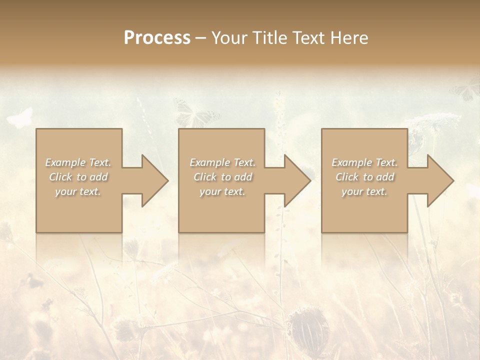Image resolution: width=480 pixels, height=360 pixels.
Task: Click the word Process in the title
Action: coord(157,38)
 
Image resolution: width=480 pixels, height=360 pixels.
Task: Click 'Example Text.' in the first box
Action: coord(78,162)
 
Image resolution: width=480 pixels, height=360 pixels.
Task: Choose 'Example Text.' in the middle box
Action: coord(222,162)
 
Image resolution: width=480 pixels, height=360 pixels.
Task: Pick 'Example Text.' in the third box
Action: coord(364,162)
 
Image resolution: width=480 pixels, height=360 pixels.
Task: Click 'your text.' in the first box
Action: coord(78,191)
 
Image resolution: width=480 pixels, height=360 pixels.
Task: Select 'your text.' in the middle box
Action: coord(222,191)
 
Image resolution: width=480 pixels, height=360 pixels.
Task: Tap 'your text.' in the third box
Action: coord(364,191)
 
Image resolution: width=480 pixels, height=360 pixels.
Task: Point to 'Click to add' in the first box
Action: coord(78,177)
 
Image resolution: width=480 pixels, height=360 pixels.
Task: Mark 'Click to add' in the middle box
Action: coord(222,177)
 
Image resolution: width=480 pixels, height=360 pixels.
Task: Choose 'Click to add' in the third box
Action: coord(364,177)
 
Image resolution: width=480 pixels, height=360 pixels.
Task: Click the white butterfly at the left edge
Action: coord(20,118)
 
